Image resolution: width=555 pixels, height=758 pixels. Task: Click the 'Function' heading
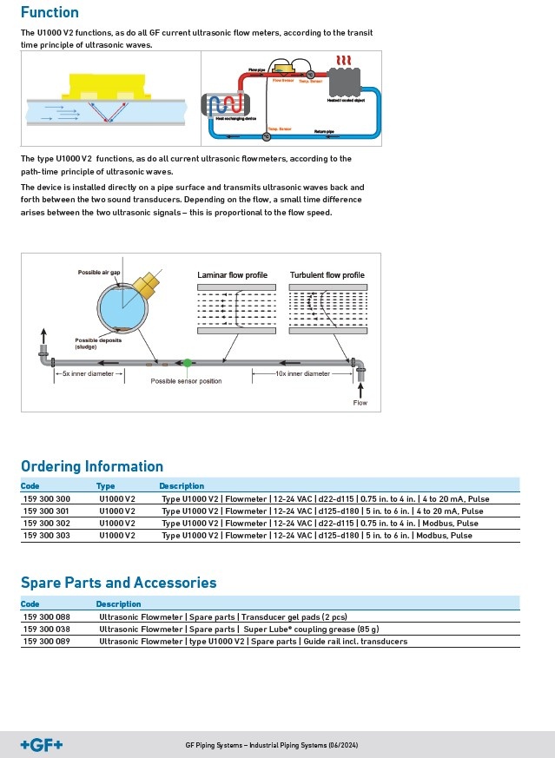tap(50, 12)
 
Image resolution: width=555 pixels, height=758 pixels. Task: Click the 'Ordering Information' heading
tap(92, 466)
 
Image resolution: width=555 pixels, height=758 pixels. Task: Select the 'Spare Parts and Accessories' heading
tap(118, 583)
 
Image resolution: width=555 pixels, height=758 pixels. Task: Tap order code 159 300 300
tap(45, 499)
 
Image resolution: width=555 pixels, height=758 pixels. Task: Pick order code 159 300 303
tap(45, 536)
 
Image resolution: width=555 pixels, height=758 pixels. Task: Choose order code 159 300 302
tap(45, 524)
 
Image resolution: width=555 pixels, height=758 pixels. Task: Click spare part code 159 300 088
tap(45, 616)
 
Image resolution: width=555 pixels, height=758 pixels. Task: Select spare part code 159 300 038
tap(45, 629)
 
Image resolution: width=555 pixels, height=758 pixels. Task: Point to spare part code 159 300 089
tap(45, 641)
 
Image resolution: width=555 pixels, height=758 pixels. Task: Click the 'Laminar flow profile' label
tap(233, 275)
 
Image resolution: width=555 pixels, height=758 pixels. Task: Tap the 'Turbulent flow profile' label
tap(327, 275)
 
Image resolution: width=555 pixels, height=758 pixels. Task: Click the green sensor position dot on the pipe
tap(187, 361)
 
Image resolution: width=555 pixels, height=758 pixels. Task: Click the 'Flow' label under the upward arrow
tap(360, 403)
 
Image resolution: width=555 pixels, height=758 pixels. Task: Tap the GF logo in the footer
tap(42, 744)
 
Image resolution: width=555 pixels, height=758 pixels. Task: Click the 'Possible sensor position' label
tap(186, 381)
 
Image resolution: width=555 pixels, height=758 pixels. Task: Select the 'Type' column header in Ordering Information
tap(105, 485)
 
